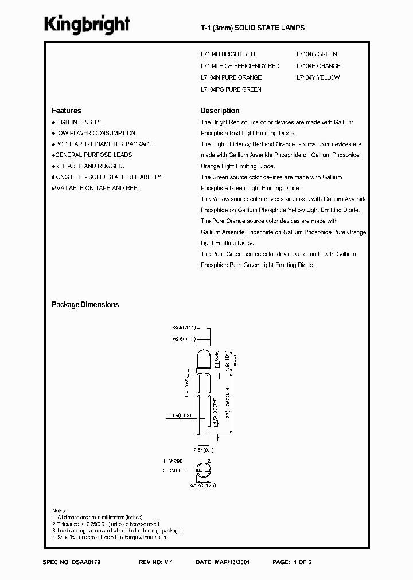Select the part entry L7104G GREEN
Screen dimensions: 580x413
317,54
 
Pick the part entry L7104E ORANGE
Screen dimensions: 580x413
318,66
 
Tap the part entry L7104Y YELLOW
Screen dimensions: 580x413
318,77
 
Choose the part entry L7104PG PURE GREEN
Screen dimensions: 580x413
231,89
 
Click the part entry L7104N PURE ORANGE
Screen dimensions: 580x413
231,77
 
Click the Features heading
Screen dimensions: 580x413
67,111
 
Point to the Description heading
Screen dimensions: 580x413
220,111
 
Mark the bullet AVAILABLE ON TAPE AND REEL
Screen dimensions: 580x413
96,187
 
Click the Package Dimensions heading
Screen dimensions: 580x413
85,305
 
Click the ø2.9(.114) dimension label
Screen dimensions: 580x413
184,328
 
